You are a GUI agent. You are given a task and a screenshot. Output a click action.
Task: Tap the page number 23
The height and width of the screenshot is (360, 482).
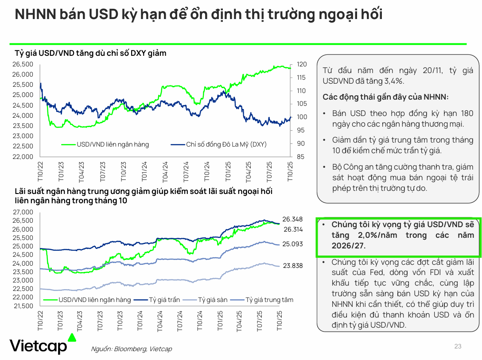point(458,346)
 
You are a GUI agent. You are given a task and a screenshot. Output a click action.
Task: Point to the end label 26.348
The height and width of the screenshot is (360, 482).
point(292,219)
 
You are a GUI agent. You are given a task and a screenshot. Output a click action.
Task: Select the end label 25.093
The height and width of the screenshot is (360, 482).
point(292,244)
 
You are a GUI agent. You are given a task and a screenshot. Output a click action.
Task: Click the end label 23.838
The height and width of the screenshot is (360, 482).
point(292,266)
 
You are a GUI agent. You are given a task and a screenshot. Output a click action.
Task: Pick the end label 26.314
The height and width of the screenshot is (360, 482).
point(293,229)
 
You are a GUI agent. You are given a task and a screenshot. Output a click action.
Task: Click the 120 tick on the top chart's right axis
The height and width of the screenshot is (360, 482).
point(301,64)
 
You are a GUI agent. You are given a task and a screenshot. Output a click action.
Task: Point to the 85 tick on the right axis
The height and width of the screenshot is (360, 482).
point(301,157)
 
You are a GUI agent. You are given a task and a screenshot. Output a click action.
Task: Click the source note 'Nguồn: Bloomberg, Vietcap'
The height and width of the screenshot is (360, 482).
point(131,349)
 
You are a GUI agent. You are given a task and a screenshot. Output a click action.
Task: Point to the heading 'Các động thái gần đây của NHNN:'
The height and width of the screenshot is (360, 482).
point(385,97)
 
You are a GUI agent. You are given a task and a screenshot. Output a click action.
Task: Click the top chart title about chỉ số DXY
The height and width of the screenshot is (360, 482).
point(91,53)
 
